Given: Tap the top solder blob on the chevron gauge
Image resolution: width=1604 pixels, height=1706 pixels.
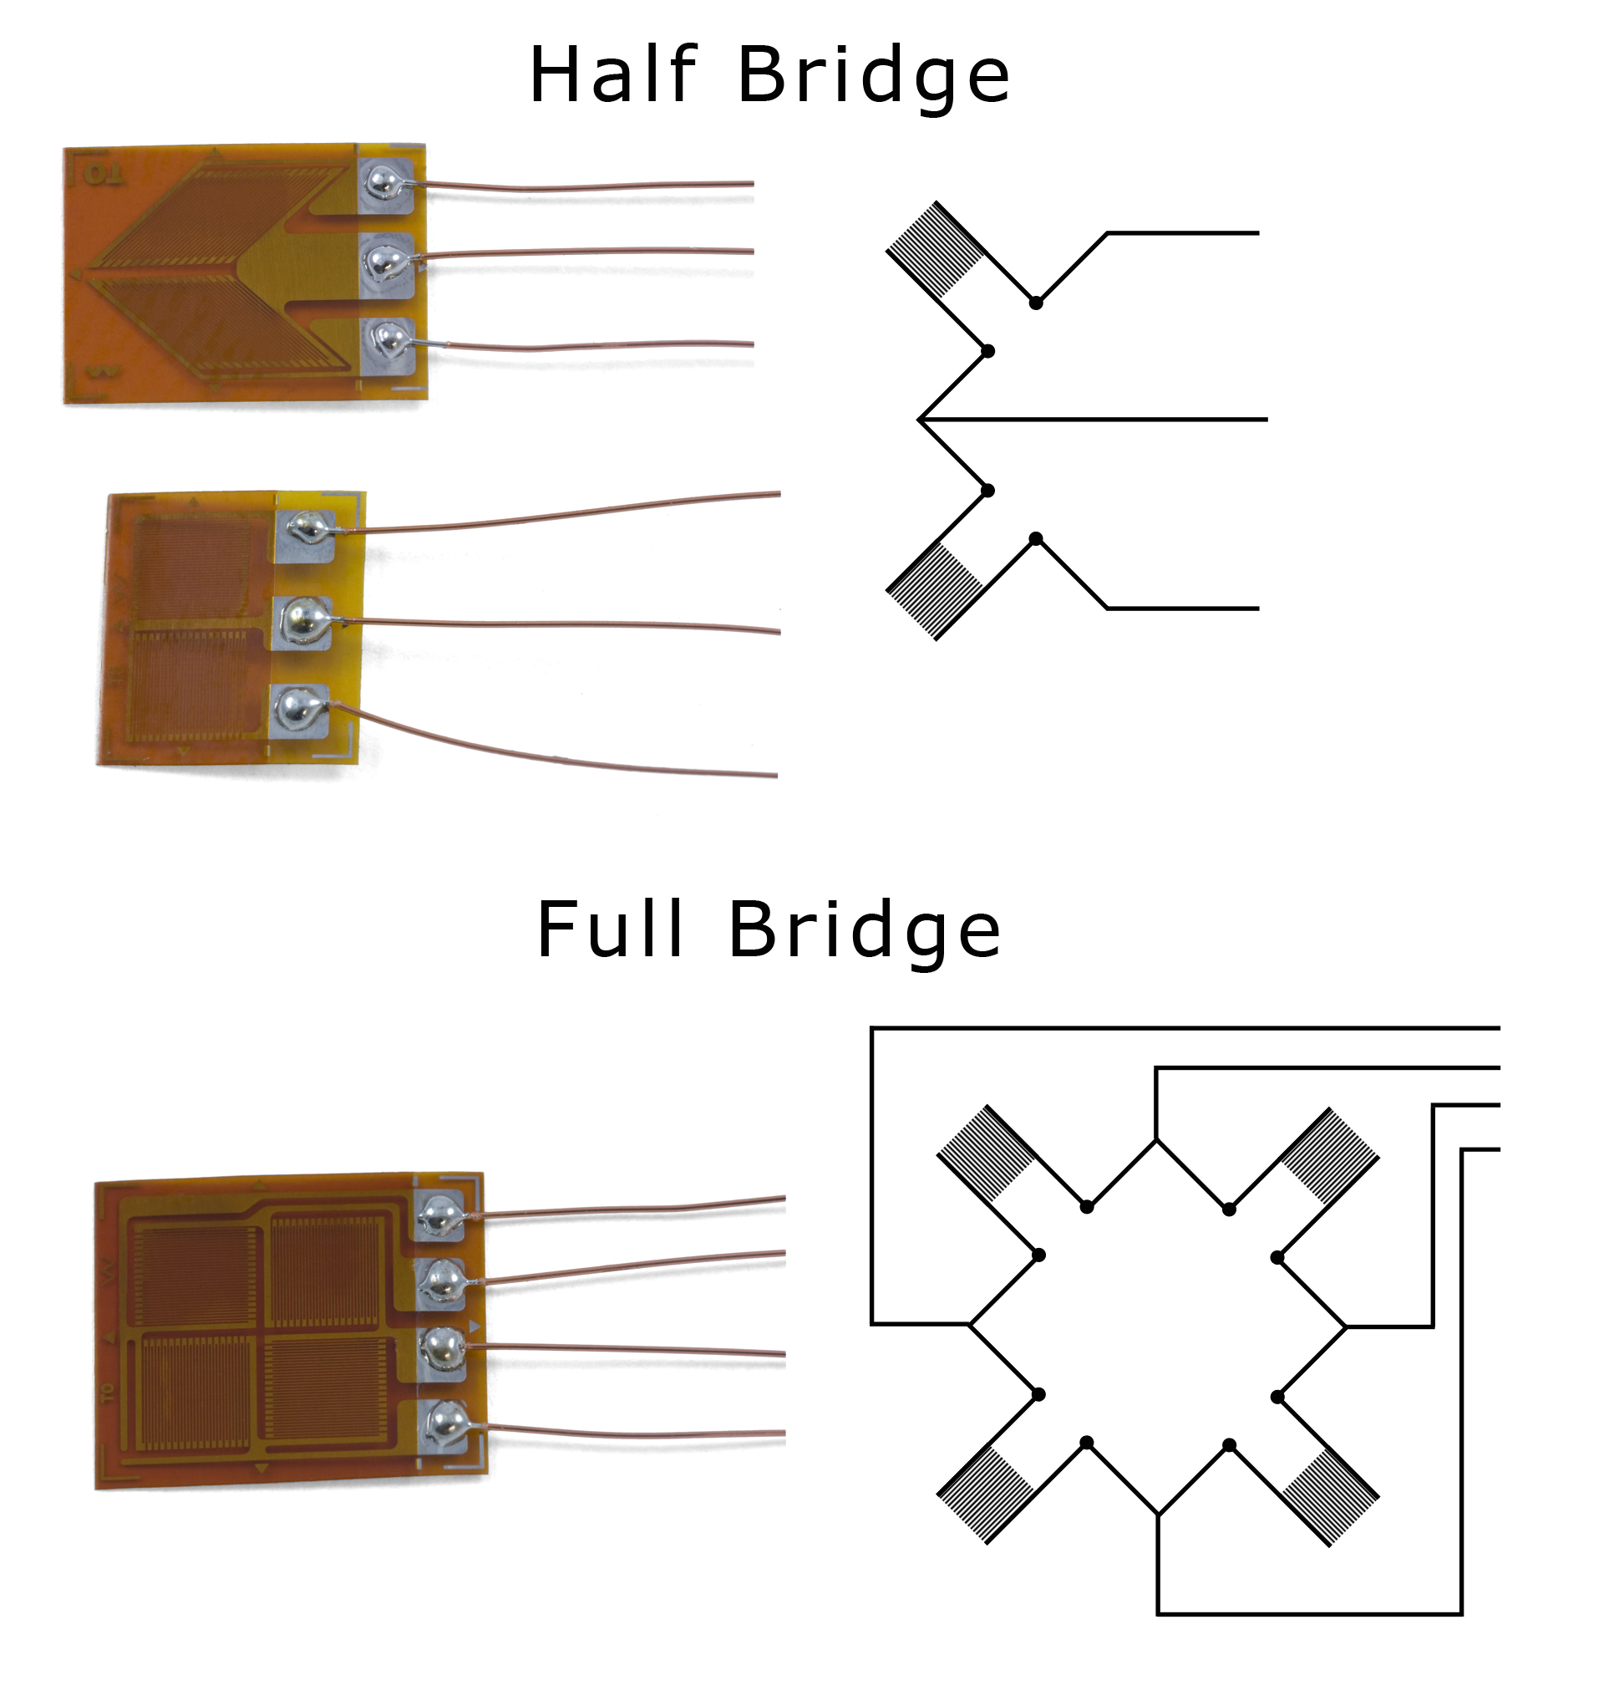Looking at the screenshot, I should point(382,182).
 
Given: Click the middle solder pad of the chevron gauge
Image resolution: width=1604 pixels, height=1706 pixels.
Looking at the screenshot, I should point(385,264).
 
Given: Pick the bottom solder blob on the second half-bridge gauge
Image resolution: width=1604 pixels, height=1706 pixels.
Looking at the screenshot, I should point(297,709).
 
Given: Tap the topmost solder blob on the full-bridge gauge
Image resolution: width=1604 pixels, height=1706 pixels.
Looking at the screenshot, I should point(441,1213).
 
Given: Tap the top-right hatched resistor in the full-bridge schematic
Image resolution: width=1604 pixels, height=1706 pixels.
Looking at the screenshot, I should point(1328,1155).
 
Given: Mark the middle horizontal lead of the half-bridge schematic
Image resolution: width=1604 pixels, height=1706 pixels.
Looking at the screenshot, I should point(1115,420).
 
